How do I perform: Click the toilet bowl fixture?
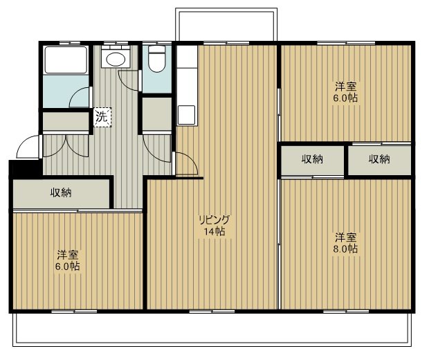(x=157, y=58)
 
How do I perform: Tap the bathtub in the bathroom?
(x=66, y=60)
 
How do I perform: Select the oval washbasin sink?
(x=116, y=59)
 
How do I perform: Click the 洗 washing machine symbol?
(x=102, y=117)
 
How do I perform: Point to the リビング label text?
(x=214, y=219)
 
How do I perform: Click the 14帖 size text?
(x=214, y=232)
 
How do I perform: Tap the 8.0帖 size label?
(x=345, y=249)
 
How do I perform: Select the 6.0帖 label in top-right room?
(x=345, y=98)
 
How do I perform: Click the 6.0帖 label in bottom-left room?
(x=68, y=266)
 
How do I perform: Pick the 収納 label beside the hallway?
(x=61, y=193)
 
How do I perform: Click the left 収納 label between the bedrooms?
(x=312, y=159)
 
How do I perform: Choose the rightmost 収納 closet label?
(x=379, y=159)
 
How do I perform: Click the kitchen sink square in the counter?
(x=187, y=115)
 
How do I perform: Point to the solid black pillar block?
(x=26, y=168)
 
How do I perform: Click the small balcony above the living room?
(x=226, y=25)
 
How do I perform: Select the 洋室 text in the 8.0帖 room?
(x=346, y=237)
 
